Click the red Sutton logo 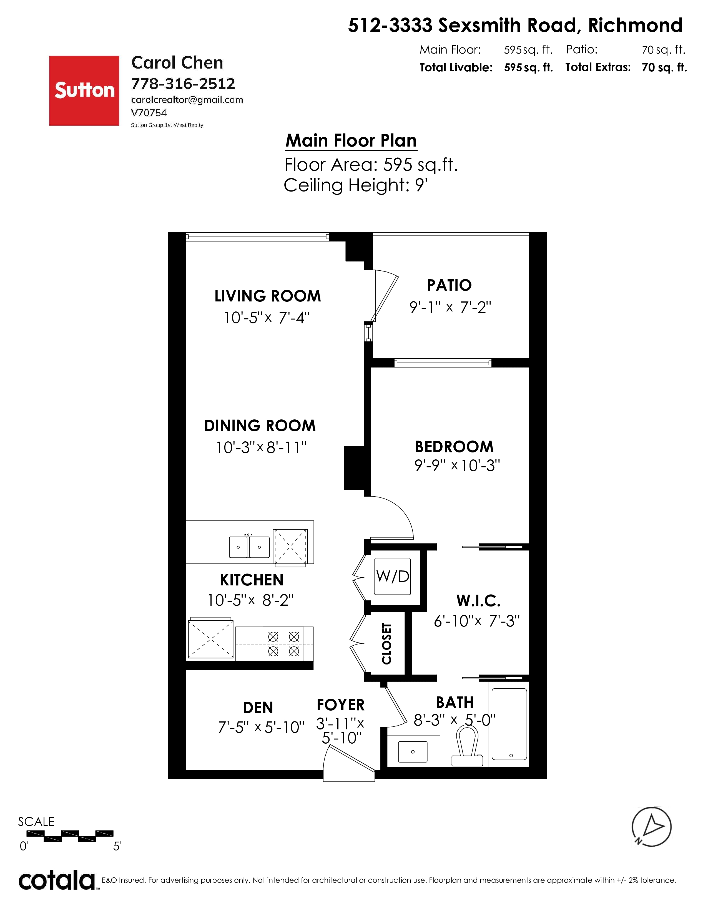84,90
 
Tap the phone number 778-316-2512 183,84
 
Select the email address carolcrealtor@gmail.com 187,100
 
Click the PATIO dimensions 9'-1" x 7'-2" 450,308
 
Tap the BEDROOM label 454,447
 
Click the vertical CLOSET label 386,643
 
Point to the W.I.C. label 479,601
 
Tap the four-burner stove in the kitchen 283,644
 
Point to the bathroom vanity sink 413,752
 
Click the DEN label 258,708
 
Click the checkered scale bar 70,836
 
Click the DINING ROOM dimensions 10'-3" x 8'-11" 261,447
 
